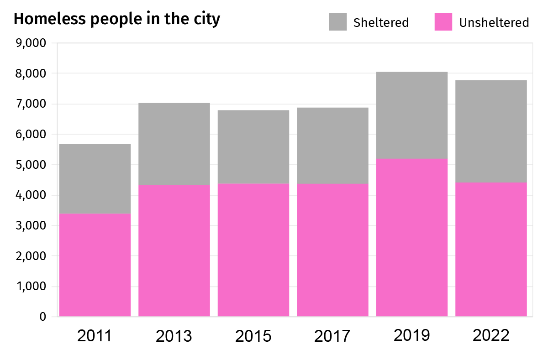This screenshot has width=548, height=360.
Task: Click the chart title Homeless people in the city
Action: [x=117, y=19]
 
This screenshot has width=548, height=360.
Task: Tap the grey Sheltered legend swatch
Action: [x=337, y=22]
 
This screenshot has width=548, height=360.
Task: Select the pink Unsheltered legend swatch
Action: [x=443, y=22]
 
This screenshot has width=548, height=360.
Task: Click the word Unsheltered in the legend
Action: [x=494, y=22]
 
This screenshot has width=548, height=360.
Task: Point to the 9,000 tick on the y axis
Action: [x=31, y=43]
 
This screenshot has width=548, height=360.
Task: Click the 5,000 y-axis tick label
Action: [x=31, y=165]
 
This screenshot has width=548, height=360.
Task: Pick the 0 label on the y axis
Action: [x=42, y=317]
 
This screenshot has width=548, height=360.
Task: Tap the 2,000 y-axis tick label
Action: [x=31, y=256]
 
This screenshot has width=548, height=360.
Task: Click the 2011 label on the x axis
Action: [x=95, y=336]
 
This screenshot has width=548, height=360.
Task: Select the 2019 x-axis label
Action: [x=411, y=335]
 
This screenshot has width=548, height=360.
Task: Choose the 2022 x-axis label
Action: [x=491, y=336]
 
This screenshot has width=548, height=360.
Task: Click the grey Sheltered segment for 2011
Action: [x=95, y=178]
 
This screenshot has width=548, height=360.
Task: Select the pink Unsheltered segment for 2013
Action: [x=174, y=250]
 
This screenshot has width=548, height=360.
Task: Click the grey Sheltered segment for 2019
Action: [x=411, y=115]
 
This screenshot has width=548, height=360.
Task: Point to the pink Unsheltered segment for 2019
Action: [x=411, y=237]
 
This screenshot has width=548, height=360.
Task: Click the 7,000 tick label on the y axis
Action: [x=31, y=104]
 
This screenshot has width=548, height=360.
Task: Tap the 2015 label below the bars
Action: [x=253, y=336]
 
